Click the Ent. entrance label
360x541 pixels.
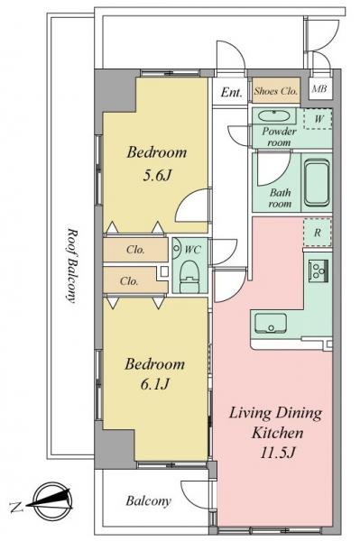pyautogui.click(x=232, y=92)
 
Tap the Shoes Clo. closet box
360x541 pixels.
pyautogui.click(x=276, y=90)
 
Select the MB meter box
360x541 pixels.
pyautogui.click(x=320, y=88)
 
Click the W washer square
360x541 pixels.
pyautogui.click(x=318, y=119)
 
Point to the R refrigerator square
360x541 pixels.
pyautogui.click(x=318, y=233)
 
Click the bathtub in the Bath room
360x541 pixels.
pyautogui.click(x=317, y=182)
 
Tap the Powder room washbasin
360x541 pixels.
pyautogui.click(x=273, y=116)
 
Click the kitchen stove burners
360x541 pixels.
pyautogui.click(x=318, y=270)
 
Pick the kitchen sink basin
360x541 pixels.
pyautogui.click(x=271, y=324)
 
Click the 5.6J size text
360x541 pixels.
pyautogui.click(x=157, y=176)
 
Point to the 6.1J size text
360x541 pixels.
pyautogui.click(x=155, y=384)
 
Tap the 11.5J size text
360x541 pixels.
pyautogui.click(x=277, y=453)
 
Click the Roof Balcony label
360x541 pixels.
pyautogui.click(x=70, y=265)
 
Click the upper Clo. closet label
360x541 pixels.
pyautogui.click(x=135, y=250)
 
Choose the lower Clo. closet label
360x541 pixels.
pyautogui.click(x=129, y=281)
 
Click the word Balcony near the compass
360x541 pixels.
pyautogui.click(x=148, y=501)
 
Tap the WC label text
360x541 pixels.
pyautogui.click(x=192, y=250)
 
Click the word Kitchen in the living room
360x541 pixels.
pyautogui.click(x=278, y=433)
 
